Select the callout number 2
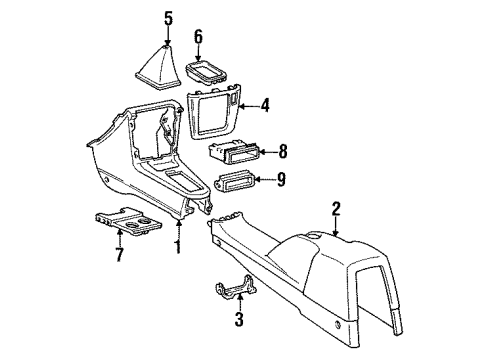pyautogui.click(x=337, y=208)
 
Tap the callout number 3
pyautogui.click(x=237, y=322)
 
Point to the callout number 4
pyautogui.click(x=265, y=103)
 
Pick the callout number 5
pyautogui.click(x=168, y=17)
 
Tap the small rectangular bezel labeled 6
pyautogui.click(x=207, y=72)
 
